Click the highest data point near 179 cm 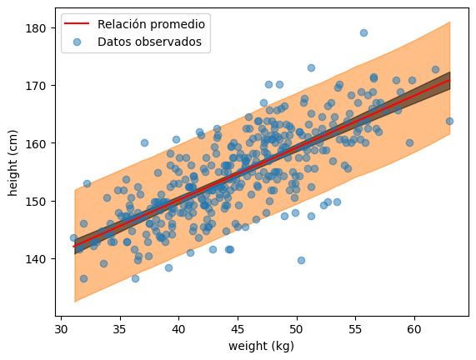point(363,32)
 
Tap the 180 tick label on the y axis point(37,28)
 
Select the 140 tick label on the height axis point(37,259)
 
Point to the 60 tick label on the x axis point(414,329)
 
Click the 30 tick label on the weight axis point(62,329)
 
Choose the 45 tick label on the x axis point(238,329)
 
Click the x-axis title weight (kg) point(262,346)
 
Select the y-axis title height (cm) point(13,162)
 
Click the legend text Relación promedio point(151,24)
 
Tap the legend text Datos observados point(149,42)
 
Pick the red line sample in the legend point(77,23)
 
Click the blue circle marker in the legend point(77,42)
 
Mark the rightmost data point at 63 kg point(449,121)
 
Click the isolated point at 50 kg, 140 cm point(301,260)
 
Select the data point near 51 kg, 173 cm point(311,67)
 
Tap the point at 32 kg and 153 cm point(88,183)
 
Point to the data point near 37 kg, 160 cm point(144,142)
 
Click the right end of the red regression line point(449,80)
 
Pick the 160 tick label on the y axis point(37,143)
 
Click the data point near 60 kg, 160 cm point(409,142)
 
